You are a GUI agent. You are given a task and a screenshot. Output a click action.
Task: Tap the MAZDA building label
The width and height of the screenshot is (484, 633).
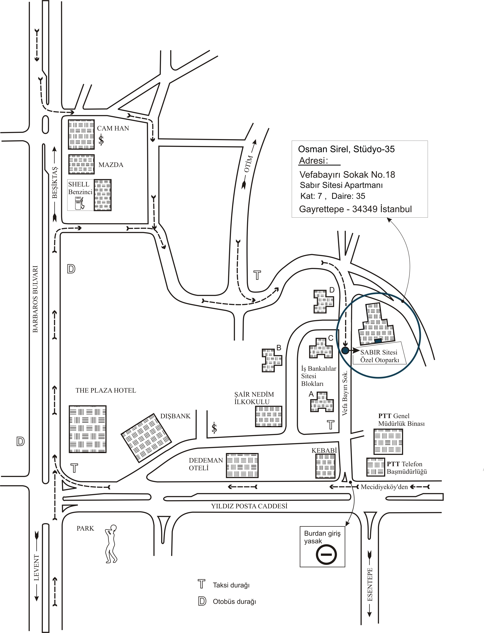[111, 165]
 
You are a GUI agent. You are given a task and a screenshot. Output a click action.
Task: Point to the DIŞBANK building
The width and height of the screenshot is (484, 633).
[146, 438]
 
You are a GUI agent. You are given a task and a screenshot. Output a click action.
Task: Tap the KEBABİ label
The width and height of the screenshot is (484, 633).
[324, 450]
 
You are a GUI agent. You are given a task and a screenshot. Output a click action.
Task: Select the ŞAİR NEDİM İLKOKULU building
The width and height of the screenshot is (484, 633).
[269, 416]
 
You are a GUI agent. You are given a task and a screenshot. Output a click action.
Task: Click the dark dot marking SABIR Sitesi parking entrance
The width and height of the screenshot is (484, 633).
[345, 350]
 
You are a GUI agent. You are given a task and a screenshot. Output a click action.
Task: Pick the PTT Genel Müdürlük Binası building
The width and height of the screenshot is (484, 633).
[388, 441]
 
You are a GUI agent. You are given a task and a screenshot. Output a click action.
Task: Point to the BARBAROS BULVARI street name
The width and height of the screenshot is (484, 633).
[35, 299]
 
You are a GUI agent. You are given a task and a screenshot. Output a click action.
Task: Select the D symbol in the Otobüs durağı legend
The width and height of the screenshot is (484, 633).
[202, 601]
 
